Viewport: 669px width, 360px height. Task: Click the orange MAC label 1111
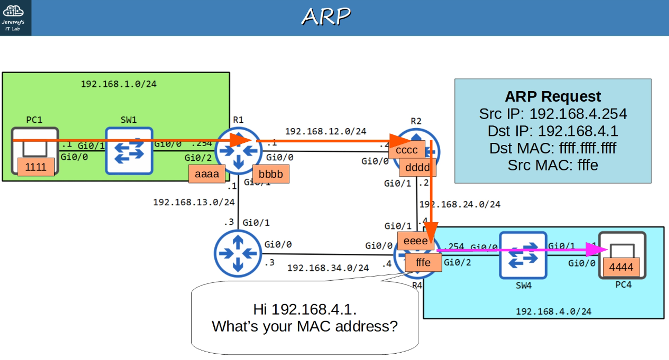tap(36, 167)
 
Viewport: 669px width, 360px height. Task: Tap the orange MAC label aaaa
tap(207, 174)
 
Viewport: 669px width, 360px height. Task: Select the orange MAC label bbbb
tap(271, 174)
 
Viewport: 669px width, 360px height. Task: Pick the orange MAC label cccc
tap(406, 150)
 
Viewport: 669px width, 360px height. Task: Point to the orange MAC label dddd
tap(417, 167)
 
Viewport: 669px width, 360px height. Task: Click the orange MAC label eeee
tap(415, 241)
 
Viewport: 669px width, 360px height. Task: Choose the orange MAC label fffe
tap(423, 263)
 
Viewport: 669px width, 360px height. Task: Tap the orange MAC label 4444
tap(621, 267)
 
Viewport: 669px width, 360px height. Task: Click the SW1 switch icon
tap(129, 151)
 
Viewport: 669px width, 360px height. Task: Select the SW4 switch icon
tap(523, 255)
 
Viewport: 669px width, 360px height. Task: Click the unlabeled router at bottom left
tap(238, 253)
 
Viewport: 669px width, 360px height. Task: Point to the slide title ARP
tap(326, 17)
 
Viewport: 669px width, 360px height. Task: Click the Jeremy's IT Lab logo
tap(13, 18)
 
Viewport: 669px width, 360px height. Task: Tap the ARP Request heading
tap(553, 97)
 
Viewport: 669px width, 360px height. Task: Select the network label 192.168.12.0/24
tap(325, 131)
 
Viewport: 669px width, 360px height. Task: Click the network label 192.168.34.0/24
tap(328, 268)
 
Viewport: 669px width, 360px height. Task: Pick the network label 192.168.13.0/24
tap(194, 202)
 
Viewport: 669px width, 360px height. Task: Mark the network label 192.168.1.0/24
tap(118, 84)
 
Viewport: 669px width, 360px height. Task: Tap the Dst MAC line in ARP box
tap(553, 148)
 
